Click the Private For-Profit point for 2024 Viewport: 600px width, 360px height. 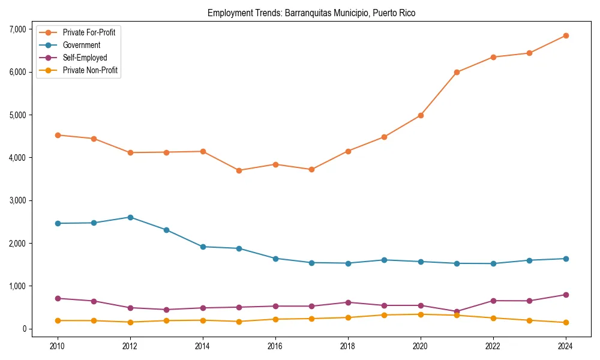[x=565, y=35]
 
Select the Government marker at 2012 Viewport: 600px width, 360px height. [x=130, y=217]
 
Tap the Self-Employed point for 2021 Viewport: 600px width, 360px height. [x=457, y=312]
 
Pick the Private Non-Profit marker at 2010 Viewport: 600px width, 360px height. [x=58, y=320]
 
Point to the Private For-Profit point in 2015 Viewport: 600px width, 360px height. [x=239, y=170]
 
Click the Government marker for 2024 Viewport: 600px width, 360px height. [x=565, y=259]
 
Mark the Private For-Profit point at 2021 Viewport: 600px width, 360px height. [x=457, y=72]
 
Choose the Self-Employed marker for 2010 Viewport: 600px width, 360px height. [x=58, y=298]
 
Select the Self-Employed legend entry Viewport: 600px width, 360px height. [x=85, y=58]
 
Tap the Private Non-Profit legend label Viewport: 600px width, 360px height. [x=90, y=71]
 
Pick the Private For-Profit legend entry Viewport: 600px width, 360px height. [x=89, y=32]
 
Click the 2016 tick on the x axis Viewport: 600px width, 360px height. [x=275, y=346]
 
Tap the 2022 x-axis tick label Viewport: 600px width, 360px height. [x=493, y=346]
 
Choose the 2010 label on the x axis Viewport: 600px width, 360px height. [x=58, y=346]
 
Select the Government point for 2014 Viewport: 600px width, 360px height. [x=203, y=247]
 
